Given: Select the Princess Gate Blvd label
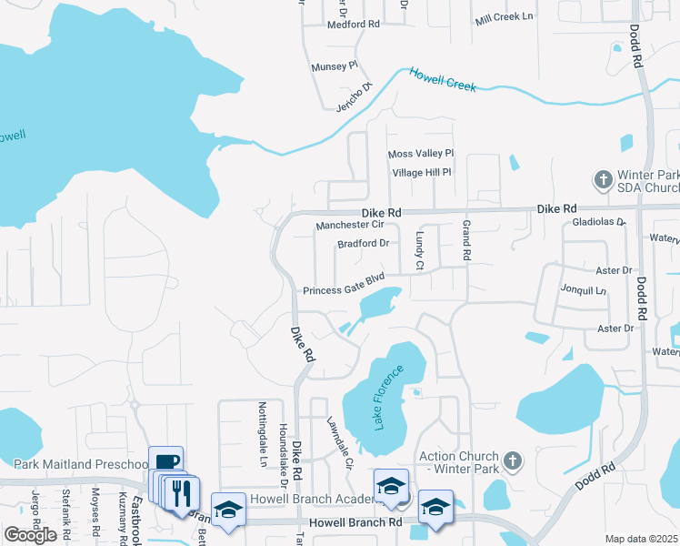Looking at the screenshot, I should click(x=345, y=284).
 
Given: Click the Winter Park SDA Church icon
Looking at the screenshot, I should click(x=603, y=179).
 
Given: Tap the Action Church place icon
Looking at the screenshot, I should click(x=512, y=460).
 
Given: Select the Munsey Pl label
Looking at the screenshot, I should click(x=335, y=67).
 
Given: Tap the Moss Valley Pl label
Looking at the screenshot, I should click(x=420, y=154).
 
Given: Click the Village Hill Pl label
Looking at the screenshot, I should click(x=421, y=172).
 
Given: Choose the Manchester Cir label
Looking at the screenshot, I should click(x=350, y=225).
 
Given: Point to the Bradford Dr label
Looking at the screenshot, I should click(x=363, y=243).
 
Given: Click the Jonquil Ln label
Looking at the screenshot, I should click(x=583, y=291).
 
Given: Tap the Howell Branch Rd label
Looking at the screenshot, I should click(x=355, y=522).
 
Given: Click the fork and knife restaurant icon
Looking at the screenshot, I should click(x=181, y=494).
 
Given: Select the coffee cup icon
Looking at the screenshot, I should click(x=165, y=462).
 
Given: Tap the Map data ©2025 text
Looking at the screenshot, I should click(x=641, y=539).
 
